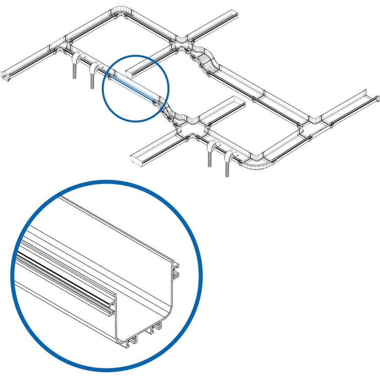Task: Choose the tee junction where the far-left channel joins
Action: (x=59, y=45)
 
